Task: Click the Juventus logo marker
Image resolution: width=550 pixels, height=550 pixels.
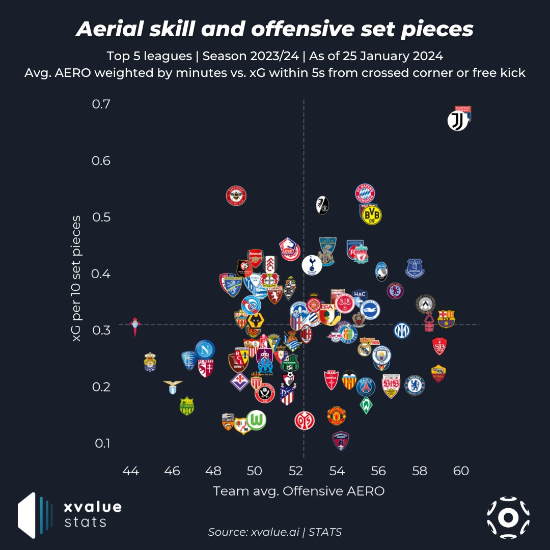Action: pyautogui.click(x=457, y=121)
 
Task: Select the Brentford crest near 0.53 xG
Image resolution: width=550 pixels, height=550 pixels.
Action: pyautogui.click(x=236, y=196)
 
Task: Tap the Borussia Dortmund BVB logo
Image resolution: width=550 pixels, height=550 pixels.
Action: pyautogui.click(x=371, y=215)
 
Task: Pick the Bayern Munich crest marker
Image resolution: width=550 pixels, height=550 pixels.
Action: pyautogui.click(x=365, y=193)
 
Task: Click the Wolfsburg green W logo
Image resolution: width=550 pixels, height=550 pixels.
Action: pyautogui.click(x=256, y=420)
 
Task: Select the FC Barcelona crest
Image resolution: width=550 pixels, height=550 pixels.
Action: pyautogui.click(x=446, y=318)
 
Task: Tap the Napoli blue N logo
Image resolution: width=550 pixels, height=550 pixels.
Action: pyautogui.click(x=205, y=349)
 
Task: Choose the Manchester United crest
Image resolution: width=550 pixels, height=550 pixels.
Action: pyautogui.click(x=337, y=415)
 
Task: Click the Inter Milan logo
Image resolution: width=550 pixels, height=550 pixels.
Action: pyautogui.click(x=402, y=331)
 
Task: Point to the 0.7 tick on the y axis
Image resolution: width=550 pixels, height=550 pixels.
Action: pyautogui.click(x=101, y=104)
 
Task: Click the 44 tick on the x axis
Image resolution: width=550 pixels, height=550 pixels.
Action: pyautogui.click(x=131, y=471)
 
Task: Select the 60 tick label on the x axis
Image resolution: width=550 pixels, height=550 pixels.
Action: pyautogui.click(x=461, y=471)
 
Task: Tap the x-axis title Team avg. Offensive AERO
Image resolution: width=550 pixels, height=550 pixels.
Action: pyautogui.click(x=298, y=491)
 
